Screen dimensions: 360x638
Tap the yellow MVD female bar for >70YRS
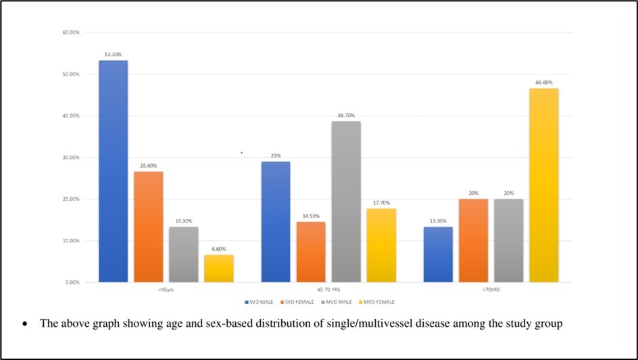543,185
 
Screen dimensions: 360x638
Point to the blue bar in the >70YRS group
438,254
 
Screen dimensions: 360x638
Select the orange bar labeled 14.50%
310,251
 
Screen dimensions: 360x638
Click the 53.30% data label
113,54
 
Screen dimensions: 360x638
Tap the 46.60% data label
543,82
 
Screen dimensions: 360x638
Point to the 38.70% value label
345,115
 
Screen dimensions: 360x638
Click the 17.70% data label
381,202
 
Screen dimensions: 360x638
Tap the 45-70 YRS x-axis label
328,289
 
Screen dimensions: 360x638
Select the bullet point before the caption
25,324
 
